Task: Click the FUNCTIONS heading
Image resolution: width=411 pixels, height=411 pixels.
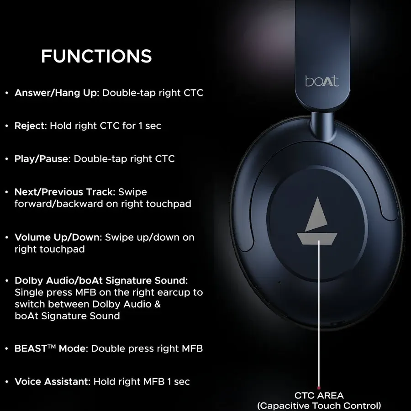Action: pyautogui.click(x=96, y=56)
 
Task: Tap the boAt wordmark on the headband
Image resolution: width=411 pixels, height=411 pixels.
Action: pyautogui.click(x=321, y=81)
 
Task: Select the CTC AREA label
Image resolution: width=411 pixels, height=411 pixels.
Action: pyautogui.click(x=319, y=395)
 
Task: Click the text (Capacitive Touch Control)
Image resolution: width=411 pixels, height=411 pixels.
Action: pyautogui.click(x=319, y=405)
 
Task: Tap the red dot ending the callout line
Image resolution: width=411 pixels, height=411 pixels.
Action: pyautogui.click(x=319, y=388)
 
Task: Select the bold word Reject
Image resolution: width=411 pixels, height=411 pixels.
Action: pyautogui.click(x=30, y=126)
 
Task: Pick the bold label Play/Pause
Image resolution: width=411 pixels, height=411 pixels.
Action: pyautogui.click(x=42, y=159)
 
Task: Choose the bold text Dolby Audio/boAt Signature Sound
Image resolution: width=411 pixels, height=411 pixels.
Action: pyautogui.click(x=101, y=280)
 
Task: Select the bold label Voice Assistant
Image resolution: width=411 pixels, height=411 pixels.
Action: pyautogui.click(x=52, y=381)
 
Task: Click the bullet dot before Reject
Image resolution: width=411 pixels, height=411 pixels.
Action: pyautogui.click(x=7, y=126)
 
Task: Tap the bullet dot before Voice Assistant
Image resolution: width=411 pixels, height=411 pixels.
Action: pyautogui.click(x=7, y=382)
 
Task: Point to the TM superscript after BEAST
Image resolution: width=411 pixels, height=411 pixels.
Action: pyautogui.click(x=53, y=346)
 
